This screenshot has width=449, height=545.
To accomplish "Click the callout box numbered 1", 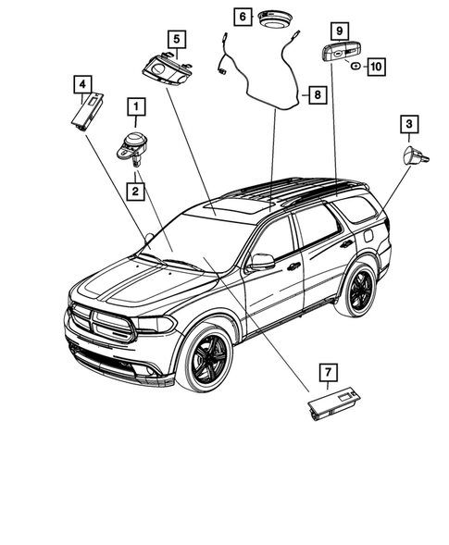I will click(x=135, y=109).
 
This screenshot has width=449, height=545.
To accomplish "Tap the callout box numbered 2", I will click(x=135, y=192).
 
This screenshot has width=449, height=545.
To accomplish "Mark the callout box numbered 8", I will click(x=316, y=94).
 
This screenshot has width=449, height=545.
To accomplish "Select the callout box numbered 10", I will click(x=376, y=66).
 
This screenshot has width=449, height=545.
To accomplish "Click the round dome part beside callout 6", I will click(x=274, y=19).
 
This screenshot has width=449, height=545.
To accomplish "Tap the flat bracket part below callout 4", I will click(x=90, y=112).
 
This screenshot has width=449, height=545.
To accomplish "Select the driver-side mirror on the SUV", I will click(x=262, y=261).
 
